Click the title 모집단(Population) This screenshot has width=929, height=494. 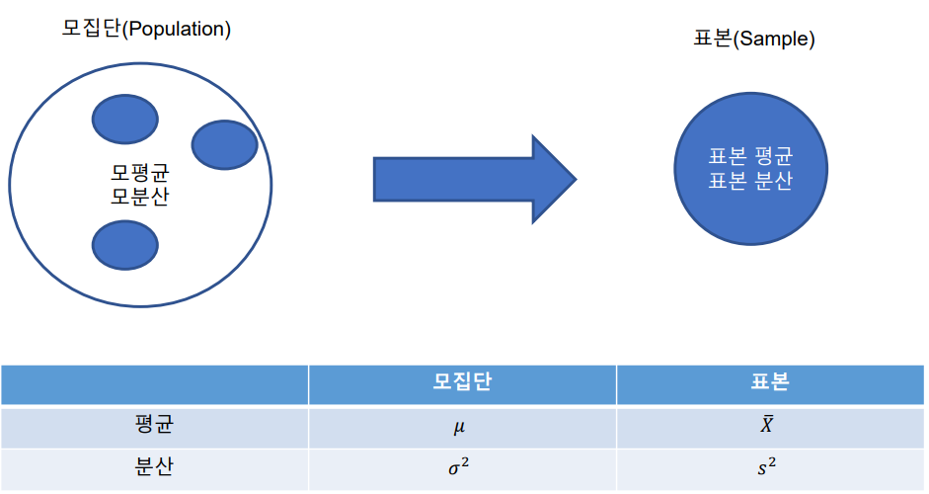click(x=146, y=29)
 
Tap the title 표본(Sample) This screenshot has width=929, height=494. click(x=754, y=40)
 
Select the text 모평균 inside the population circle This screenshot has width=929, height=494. click(x=139, y=172)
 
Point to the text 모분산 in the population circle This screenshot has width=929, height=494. click(x=139, y=196)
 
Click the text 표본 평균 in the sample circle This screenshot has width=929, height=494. click(x=750, y=157)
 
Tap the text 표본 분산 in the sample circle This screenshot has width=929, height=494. click(x=750, y=182)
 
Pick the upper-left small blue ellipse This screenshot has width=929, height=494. click(x=124, y=120)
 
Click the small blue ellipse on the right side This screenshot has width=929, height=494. click(x=224, y=144)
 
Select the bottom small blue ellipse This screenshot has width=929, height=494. click(x=124, y=246)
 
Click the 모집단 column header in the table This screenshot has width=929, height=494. click(x=462, y=384)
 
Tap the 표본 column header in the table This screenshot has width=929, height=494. click(x=770, y=384)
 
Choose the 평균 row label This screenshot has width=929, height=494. click(x=154, y=426)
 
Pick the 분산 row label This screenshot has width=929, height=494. click(x=154, y=468)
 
